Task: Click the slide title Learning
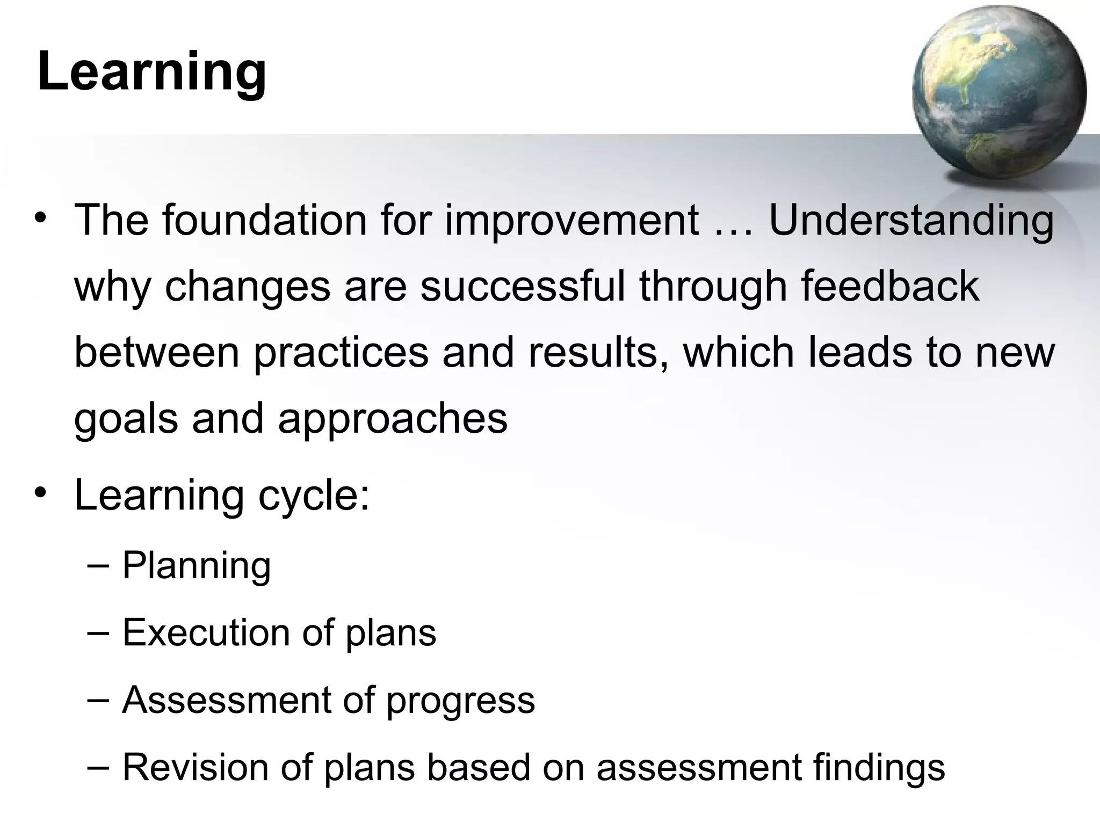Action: pos(152,72)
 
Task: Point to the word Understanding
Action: pos(911,221)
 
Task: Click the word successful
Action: pos(523,286)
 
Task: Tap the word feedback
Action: pos(890,286)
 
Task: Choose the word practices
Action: pos(341,353)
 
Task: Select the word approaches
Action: pos(393,420)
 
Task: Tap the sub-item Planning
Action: pos(197,566)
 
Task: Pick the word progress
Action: pos(460,701)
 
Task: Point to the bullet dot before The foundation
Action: pos(40,219)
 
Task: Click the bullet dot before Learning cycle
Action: pos(40,493)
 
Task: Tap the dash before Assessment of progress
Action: pos(97,699)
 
